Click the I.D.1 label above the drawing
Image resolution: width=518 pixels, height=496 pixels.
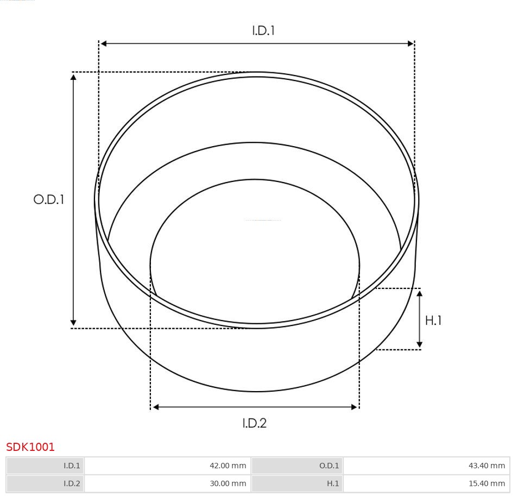coord(263,31)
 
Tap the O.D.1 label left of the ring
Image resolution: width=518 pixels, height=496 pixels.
coord(49,199)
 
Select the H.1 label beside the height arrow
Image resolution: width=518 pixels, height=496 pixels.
coord(433,321)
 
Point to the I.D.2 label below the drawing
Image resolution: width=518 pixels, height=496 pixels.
coord(254,423)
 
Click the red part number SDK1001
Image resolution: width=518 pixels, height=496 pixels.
coord(30,447)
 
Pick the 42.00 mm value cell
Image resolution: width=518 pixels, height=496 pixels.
coord(167,466)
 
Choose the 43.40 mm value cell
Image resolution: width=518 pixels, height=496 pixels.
coord(426,466)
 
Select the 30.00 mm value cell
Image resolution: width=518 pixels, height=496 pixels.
coord(167,484)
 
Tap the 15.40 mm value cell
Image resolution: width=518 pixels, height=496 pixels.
coord(426,484)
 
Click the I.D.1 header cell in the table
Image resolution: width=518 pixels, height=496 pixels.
coord(46,466)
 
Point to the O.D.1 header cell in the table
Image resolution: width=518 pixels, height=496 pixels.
coord(297,466)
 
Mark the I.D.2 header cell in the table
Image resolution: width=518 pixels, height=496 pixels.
coord(46,484)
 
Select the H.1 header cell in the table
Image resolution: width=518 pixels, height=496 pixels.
coord(297,484)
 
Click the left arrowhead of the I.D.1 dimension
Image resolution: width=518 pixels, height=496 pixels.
coord(103,43)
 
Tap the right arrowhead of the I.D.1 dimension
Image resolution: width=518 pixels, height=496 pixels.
coord(411,43)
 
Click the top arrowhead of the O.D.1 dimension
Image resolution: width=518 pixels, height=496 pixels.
coord(73,77)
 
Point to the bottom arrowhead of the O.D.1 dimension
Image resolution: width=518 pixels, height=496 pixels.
coord(73,323)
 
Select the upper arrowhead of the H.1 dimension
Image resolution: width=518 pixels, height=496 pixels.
coord(419,293)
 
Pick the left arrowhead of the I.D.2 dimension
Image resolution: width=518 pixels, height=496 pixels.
coord(155,406)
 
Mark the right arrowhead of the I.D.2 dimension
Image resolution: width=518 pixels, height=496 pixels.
coord(355,406)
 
